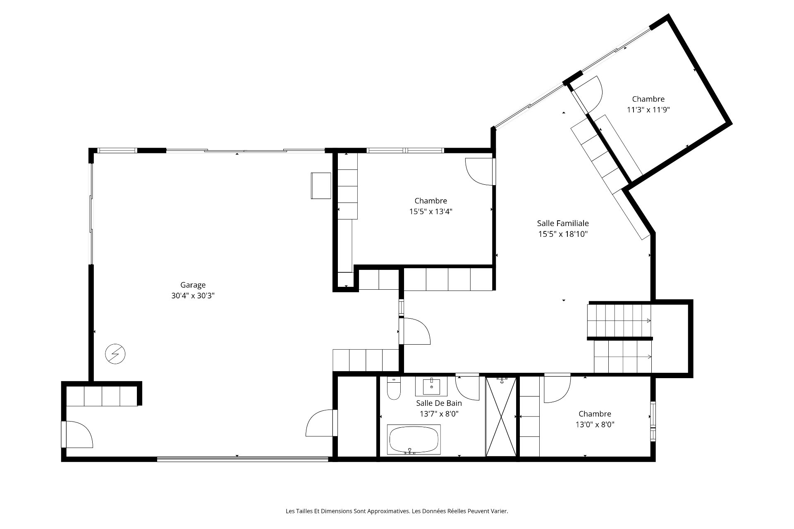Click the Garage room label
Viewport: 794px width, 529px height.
(193, 285)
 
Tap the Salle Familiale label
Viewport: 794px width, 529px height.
(563, 223)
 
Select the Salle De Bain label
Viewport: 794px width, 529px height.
(439, 403)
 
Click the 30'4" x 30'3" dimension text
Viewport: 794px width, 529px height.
(193, 296)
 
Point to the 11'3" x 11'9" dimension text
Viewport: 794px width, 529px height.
(648, 110)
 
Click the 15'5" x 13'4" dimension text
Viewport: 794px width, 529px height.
(430, 212)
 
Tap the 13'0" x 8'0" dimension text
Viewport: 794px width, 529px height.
(595, 424)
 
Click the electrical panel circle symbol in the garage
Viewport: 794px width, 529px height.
(115, 354)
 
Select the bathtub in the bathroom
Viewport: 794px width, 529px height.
(414, 440)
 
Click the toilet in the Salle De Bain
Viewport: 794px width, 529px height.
(394, 388)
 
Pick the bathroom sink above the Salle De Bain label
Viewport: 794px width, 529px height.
(431, 386)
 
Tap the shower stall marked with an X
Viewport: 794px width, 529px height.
(501, 416)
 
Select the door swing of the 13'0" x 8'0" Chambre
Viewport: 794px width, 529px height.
(557, 388)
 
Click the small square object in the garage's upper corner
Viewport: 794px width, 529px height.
(321, 186)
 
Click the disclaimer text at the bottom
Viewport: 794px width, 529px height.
(397, 511)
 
